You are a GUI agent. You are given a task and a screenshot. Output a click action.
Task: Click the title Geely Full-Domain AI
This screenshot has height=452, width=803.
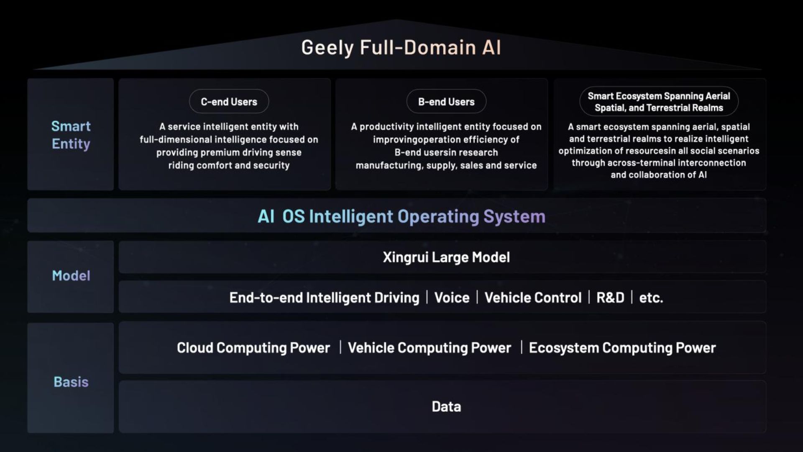pos(401,48)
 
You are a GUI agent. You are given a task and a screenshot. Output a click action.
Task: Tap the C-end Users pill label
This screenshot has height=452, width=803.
pos(229,101)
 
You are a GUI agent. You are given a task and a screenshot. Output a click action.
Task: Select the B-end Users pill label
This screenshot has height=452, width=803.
pos(446,101)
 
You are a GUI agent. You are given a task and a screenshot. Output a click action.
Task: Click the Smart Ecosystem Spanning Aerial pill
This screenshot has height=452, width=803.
pos(659,102)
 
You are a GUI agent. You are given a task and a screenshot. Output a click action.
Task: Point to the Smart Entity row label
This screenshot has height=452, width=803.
pos(71,135)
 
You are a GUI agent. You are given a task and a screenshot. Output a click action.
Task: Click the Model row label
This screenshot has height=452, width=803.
pos(71,275)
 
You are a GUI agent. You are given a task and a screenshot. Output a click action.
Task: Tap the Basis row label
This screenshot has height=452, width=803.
pos(71,382)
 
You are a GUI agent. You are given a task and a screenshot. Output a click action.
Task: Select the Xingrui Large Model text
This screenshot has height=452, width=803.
pos(446,257)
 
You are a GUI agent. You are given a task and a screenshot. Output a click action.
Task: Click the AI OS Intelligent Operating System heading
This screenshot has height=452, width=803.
pos(401,216)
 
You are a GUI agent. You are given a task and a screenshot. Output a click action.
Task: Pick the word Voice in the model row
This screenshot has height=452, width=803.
pos(452,298)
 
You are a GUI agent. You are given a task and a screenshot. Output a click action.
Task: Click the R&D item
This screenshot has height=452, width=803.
pos(610,298)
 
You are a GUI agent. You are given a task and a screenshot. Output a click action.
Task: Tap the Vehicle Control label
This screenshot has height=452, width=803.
pos(533,298)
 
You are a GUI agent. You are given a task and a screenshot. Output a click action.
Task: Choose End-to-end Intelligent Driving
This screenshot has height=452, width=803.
pos(324,298)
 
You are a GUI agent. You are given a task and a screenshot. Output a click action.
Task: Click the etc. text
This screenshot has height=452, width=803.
pos(651,298)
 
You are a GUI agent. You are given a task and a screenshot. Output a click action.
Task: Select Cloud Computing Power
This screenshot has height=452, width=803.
pos(253,348)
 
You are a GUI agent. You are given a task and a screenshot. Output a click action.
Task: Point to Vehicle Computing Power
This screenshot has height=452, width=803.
pos(430,348)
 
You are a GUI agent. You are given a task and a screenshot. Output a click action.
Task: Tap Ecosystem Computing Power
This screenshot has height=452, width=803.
pos(622,348)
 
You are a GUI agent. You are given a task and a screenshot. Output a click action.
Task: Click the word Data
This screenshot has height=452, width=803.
pos(446,406)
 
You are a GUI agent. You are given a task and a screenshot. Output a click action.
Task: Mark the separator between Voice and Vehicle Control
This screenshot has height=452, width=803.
pos(477,297)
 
